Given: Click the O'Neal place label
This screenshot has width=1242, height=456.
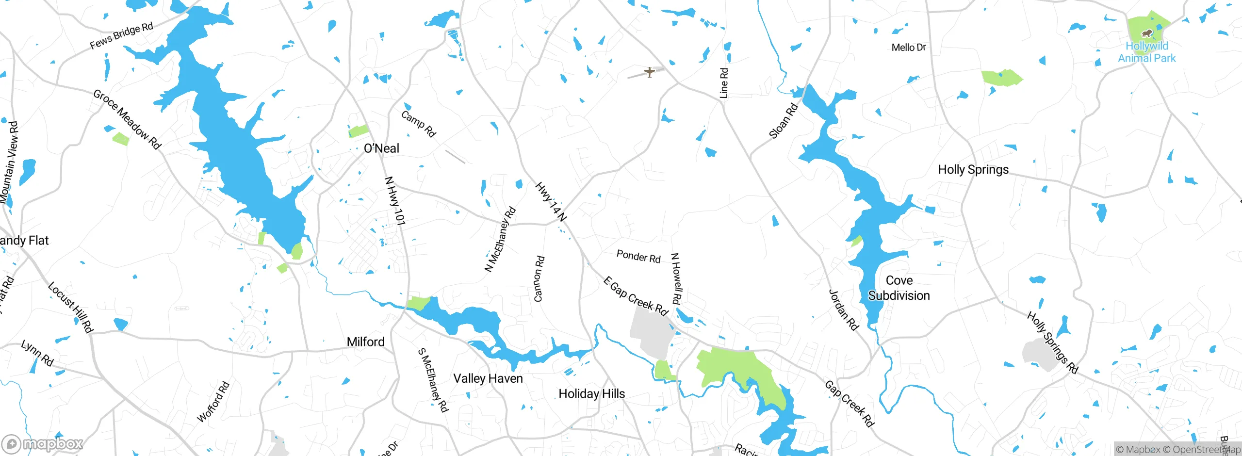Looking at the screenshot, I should point(381,148).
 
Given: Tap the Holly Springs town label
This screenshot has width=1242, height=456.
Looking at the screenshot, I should point(973,170).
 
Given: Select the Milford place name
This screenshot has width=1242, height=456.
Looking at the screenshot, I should point(365,342).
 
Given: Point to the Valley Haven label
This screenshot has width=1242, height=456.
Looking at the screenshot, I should point(488,378).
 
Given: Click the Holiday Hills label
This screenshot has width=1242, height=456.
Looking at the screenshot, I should point(591,393).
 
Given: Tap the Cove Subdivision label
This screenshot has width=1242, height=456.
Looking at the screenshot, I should point(899,288).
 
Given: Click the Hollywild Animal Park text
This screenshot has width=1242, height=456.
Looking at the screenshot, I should point(1147,52).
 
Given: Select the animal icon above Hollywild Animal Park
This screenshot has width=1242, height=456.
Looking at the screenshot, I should point(1146,33).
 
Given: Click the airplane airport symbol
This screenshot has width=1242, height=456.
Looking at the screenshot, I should point(650,72).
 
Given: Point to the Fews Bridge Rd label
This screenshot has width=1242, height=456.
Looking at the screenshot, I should point(121,36).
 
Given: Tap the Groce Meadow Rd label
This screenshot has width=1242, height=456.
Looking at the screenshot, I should point(127,119).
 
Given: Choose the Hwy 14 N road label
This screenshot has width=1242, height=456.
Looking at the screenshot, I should point(551,202).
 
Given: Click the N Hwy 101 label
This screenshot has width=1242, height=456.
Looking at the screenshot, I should point(394,201).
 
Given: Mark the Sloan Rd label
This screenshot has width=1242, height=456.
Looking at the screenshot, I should point(784,121).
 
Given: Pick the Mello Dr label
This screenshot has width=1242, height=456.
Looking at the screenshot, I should point(909,48).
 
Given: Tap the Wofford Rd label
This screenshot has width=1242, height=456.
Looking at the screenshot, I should point(213,402).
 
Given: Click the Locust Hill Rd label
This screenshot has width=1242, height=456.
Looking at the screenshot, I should point(70,307).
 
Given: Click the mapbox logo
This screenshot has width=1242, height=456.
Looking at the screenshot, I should point(43,443).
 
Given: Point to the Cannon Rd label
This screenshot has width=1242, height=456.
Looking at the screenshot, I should point(539,279).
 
